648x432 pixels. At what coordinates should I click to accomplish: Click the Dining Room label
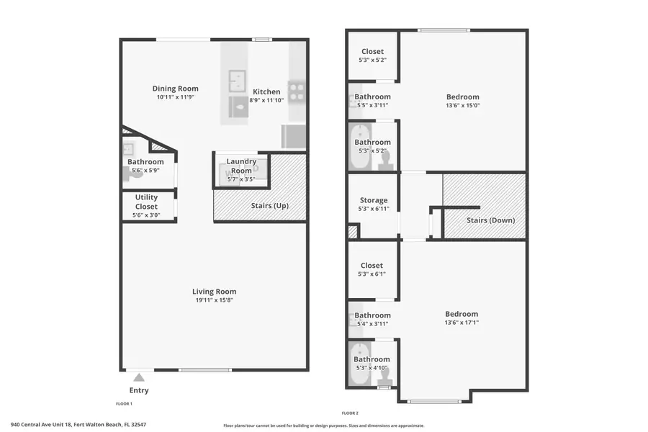[x=175, y=89]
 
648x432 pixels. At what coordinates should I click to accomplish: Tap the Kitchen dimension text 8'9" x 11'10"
[x=266, y=101]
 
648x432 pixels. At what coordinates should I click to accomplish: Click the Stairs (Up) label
[x=270, y=206]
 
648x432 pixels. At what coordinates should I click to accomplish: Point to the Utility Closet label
[x=146, y=202]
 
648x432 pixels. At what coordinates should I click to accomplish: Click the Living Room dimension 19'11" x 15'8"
[x=214, y=300]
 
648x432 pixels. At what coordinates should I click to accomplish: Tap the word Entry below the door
[x=139, y=390]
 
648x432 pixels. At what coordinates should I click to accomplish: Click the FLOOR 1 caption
[x=124, y=404]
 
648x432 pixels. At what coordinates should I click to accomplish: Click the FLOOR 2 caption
[x=350, y=413]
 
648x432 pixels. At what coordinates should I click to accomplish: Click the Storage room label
[x=373, y=200]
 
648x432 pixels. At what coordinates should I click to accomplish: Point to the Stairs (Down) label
[x=490, y=220]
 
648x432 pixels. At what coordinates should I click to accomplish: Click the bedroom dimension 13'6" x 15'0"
[x=462, y=106]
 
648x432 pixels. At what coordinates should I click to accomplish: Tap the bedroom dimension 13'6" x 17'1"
[x=462, y=323]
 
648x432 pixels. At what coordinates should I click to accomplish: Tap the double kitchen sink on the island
[x=238, y=78]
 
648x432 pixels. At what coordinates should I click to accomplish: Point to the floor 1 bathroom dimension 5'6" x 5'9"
[x=145, y=171]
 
